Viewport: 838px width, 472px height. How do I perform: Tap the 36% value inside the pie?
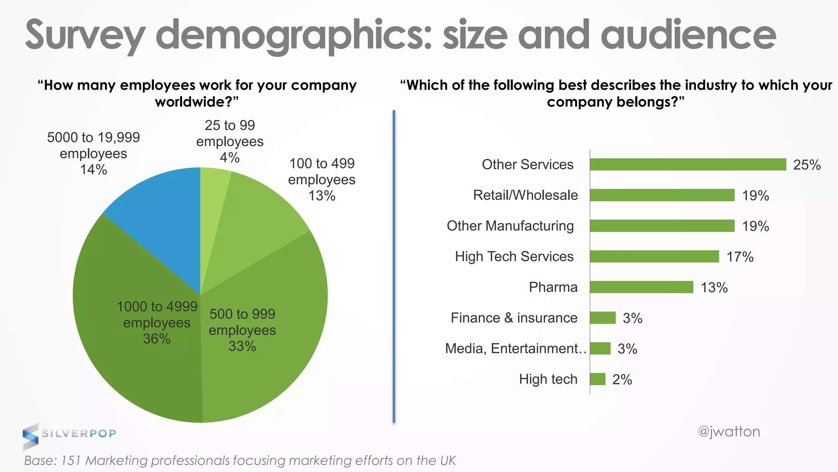tap(157, 339)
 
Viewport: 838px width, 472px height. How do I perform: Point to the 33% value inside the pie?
tap(242, 347)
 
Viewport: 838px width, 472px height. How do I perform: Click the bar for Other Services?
tap(687, 164)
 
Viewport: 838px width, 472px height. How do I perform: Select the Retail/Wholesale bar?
tap(662, 195)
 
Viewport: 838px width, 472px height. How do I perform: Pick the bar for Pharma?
tap(641, 287)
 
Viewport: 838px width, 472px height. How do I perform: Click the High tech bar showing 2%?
tap(597, 379)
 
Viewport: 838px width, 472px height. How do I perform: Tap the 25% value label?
tap(806, 165)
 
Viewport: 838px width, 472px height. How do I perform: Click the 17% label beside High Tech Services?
tap(740, 257)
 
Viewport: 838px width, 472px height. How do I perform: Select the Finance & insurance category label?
tap(514, 318)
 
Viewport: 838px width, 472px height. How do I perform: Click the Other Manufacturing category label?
tap(510, 226)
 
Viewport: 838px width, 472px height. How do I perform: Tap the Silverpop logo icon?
tap(30, 436)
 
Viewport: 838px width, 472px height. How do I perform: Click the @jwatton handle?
tap(729, 431)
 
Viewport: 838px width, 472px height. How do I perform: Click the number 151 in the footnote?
tap(70, 461)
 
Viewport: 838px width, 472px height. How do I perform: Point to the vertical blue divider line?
tap(394, 266)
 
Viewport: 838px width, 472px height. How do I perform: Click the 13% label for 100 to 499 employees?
tap(322, 196)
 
